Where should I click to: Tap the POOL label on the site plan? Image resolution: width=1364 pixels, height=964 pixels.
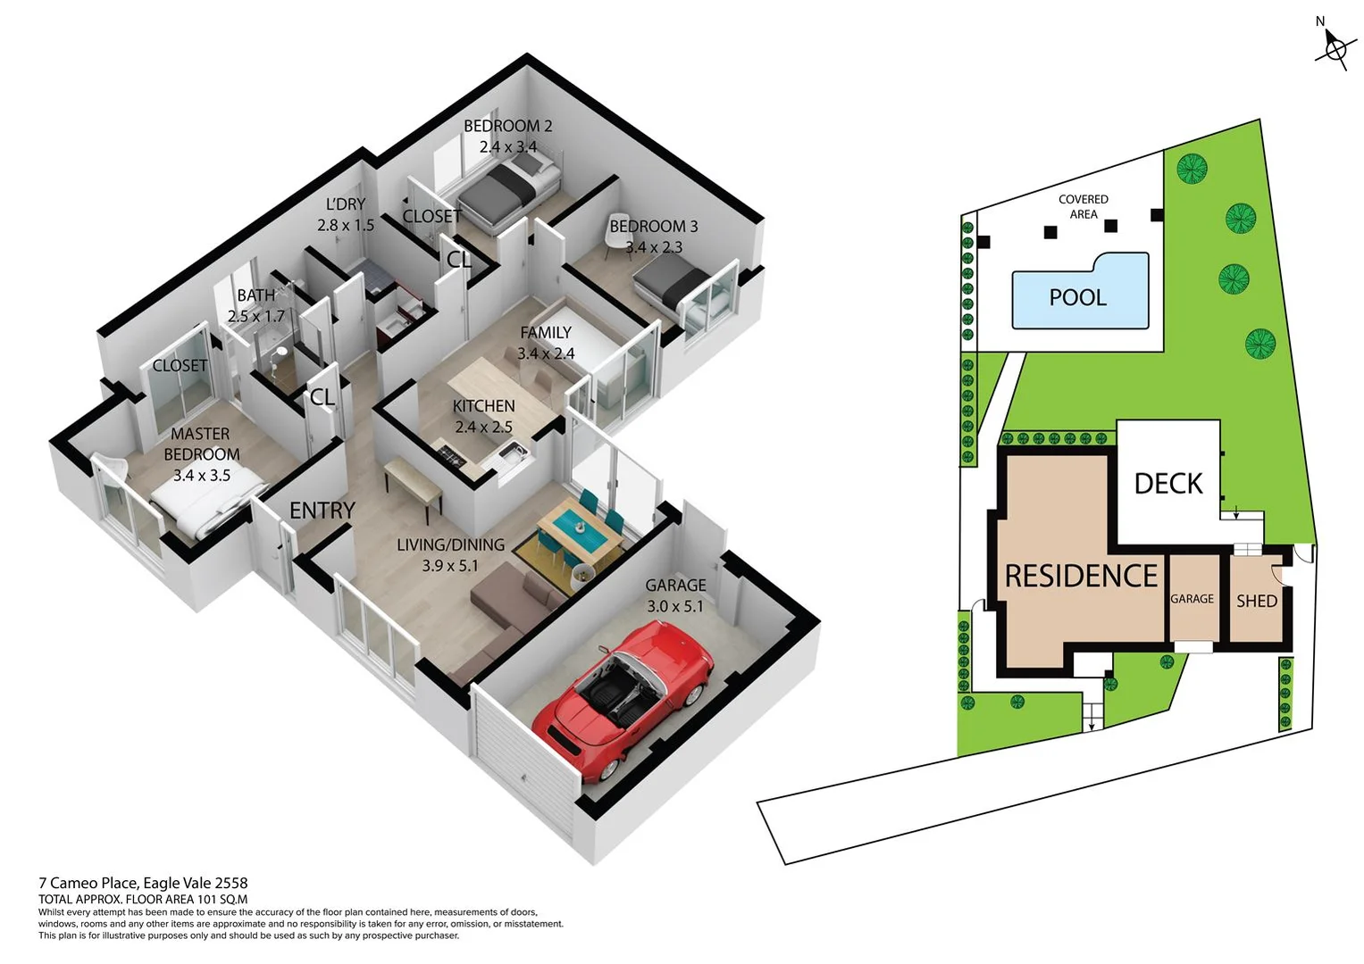tap(1077, 297)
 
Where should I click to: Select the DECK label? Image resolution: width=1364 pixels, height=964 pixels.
tap(1168, 484)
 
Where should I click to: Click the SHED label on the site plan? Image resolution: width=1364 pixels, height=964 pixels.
tap(1256, 602)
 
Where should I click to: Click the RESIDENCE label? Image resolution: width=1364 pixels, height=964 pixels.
tap(1081, 577)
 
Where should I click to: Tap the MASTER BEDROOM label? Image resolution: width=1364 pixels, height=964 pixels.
tap(201, 444)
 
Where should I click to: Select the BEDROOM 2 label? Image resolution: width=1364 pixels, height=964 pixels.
tap(507, 126)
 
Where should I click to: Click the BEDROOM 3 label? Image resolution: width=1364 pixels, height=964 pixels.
tap(654, 227)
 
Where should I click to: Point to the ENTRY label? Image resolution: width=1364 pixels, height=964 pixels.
tap(322, 511)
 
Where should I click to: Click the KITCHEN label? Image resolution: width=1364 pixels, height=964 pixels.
tap(483, 406)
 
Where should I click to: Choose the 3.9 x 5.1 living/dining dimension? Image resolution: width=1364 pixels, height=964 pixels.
tap(450, 566)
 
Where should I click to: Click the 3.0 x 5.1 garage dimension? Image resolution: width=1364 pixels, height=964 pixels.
tap(675, 606)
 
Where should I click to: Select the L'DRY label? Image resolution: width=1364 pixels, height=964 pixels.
tap(346, 204)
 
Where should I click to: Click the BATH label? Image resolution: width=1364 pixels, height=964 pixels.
tap(255, 295)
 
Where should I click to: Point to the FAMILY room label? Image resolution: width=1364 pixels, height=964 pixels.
tap(546, 333)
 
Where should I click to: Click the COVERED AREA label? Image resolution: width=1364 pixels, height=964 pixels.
tap(1083, 206)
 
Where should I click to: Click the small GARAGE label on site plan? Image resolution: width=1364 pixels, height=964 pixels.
tap(1192, 599)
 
